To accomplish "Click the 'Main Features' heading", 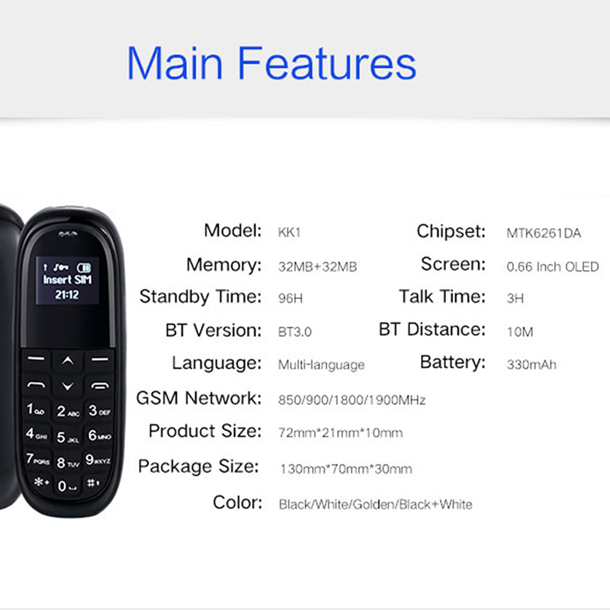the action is coord(271,63).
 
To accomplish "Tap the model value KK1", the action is coord(290,233).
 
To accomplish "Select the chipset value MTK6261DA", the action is coord(544,233).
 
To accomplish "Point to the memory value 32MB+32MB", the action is coord(317,266).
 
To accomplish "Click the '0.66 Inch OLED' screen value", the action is coord(552,266).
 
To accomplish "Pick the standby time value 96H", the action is coord(291,298).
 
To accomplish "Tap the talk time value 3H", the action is coord(515,298).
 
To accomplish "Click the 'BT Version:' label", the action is coord(213,330).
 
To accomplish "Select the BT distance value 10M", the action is coord(520,332).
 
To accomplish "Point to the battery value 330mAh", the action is coord(531,364).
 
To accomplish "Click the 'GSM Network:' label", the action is coord(199,398).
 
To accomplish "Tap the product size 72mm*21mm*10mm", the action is coord(340,432).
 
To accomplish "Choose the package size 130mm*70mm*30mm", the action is coord(346,469).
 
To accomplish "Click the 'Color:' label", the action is coord(237,502).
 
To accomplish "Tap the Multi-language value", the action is coord(321,365).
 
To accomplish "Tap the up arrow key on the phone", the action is coord(68,361).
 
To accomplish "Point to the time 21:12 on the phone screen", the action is coord(67,295).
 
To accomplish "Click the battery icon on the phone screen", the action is coord(84,268).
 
